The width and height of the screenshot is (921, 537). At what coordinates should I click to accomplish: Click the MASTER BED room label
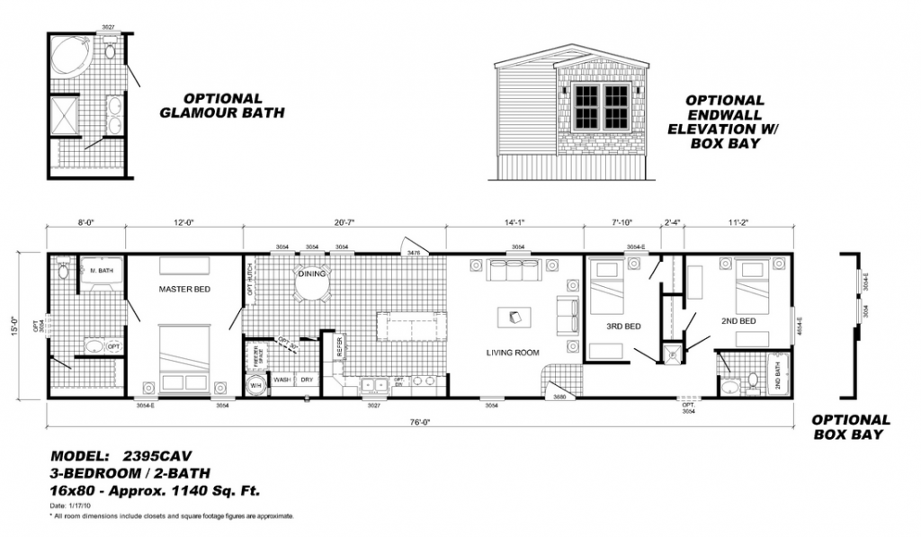coord(184,290)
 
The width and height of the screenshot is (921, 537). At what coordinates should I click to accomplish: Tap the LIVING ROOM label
coord(513,353)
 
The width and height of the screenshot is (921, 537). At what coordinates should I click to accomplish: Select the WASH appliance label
coord(281,380)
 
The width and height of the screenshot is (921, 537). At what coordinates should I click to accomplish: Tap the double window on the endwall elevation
coord(601,106)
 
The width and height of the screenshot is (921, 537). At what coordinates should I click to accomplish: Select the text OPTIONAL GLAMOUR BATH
coord(222,105)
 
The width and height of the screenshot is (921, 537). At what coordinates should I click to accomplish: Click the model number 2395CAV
coord(156,455)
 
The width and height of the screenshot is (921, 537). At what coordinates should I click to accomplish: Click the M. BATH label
coord(99,269)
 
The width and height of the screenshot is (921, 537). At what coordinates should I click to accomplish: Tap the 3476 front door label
coord(415,255)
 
